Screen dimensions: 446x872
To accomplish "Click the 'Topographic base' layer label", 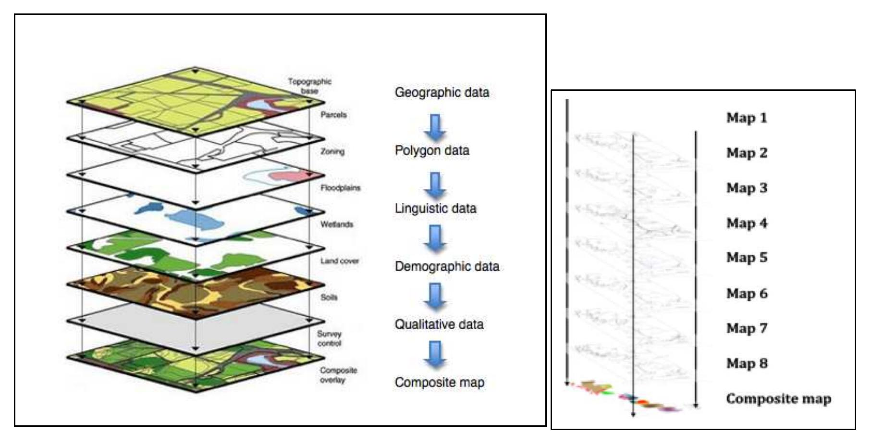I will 309,86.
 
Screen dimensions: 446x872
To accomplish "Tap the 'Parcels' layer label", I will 333,115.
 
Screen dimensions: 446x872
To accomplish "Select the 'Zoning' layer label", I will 332,151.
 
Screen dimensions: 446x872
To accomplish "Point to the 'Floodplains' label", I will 340,188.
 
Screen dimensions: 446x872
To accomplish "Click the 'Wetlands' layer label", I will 336,224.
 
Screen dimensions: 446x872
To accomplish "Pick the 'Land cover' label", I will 339,261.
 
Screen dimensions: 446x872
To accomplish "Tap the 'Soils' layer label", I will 329,297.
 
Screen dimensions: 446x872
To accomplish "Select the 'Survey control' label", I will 329,338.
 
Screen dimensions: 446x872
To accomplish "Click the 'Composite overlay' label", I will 338,375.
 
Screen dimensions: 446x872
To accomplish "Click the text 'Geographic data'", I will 442,92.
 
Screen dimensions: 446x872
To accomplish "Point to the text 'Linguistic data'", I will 435,209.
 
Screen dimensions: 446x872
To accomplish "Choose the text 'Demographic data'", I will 447,266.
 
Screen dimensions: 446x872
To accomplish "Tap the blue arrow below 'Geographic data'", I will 435,127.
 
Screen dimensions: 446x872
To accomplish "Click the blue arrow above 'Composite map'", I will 435,354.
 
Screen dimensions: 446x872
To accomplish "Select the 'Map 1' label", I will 746,118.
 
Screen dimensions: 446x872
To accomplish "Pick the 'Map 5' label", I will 746,258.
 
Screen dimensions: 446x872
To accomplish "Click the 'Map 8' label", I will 746,363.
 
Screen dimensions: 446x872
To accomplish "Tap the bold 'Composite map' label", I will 778,398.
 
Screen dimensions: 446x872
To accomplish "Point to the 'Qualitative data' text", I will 439,324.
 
